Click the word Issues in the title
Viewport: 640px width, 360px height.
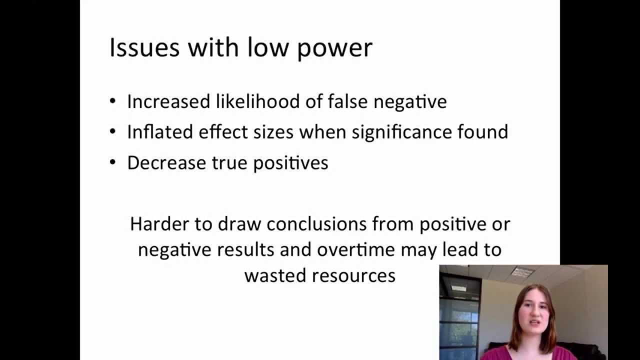click(x=144, y=48)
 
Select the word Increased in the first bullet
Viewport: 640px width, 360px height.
click(x=168, y=101)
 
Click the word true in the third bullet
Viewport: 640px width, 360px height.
click(x=225, y=163)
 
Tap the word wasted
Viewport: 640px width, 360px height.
click(x=274, y=275)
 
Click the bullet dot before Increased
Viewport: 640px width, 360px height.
click(x=113, y=102)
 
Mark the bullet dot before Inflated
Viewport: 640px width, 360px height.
click(x=113, y=132)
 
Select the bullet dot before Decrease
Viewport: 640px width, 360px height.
click(x=113, y=163)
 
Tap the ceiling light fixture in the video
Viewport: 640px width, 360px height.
click(x=522, y=272)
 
